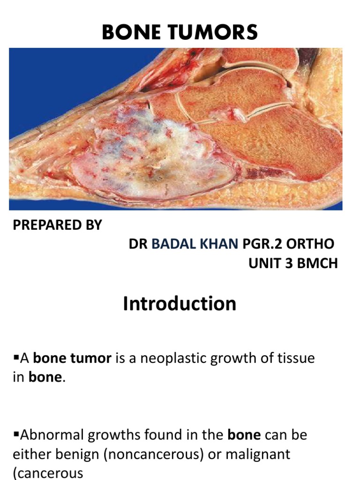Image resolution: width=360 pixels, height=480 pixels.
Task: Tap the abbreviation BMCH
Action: point(319,263)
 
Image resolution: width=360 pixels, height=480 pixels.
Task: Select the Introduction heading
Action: point(180,304)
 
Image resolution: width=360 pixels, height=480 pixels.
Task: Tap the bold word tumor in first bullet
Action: point(91,359)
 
